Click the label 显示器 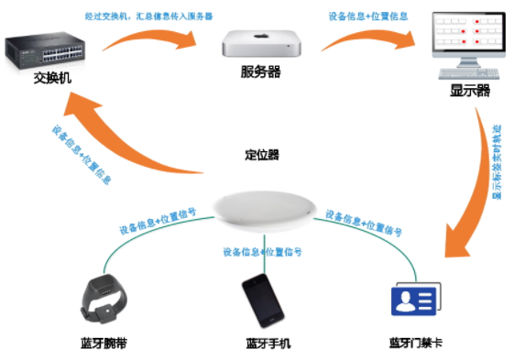click(469, 92)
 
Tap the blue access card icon click(414, 300)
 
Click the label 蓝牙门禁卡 click(417, 344)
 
